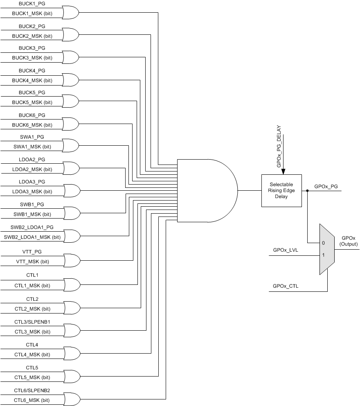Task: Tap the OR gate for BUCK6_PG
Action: pos(70,123)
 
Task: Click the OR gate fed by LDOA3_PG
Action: pos(70,190)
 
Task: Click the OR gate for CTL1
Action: pos(70,284)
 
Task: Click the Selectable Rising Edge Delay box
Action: pos(281,190)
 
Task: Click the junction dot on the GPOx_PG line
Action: pos(308,191)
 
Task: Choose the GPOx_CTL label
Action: pos(286,286)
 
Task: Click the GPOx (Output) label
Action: pos(348,241)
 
